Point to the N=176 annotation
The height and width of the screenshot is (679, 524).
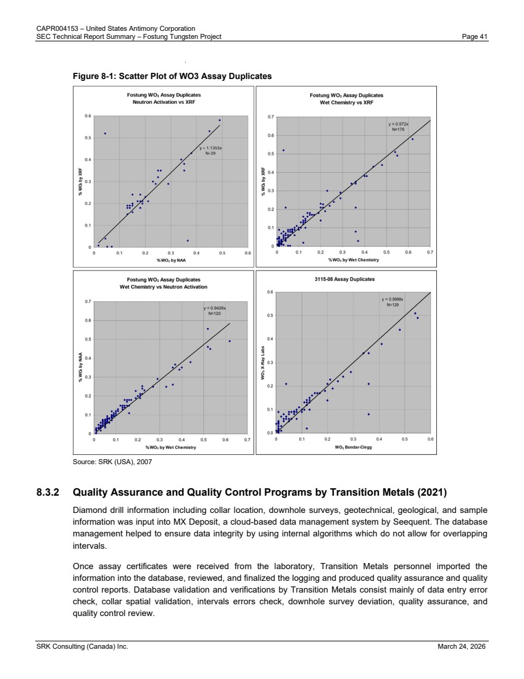pos(397,130)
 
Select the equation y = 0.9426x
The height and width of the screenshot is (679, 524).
pos(215,308)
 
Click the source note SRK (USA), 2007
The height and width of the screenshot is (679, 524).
pos(112,461)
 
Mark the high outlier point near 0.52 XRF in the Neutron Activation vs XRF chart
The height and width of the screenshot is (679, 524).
pos(105,133)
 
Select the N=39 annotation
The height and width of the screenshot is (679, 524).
pos(210,153)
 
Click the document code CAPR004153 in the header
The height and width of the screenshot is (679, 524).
pos(56,28)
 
